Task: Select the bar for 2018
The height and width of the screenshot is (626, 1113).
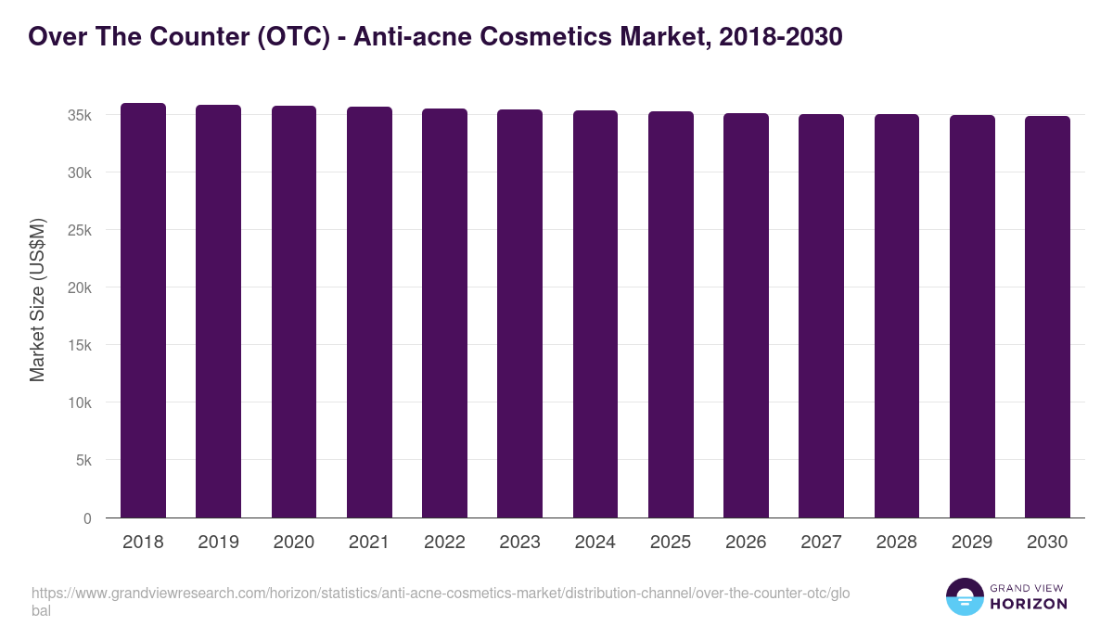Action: tap(143, 311)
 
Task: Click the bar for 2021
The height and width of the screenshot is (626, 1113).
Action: tap(369, 313)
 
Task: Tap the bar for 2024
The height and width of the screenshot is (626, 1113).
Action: tap(595, 314)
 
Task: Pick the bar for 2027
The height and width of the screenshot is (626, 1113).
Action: tap(821, 316)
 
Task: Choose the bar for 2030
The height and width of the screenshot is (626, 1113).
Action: tap(1047, 317)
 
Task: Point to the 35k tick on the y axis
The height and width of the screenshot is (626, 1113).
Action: tap(79, 115)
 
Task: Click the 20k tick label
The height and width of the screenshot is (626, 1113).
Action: tap(79, 287)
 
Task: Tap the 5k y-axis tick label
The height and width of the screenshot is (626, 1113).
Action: tap(83, 461)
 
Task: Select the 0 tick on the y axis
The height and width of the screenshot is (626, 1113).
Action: tap(87, 518)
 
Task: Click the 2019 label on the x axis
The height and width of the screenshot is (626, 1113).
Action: tap(219, 543)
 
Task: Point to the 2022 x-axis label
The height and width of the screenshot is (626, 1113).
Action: tap(444, 543)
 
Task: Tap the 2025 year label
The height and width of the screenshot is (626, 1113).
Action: tap(671, 543)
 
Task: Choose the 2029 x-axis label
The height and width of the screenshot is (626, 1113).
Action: tap(972, 543)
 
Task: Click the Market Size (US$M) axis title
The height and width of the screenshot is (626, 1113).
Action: tap(37, 300)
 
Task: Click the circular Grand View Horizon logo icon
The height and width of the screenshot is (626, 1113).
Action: tap(964, 596)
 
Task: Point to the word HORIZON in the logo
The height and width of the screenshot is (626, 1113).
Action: tap(1028, 604)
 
